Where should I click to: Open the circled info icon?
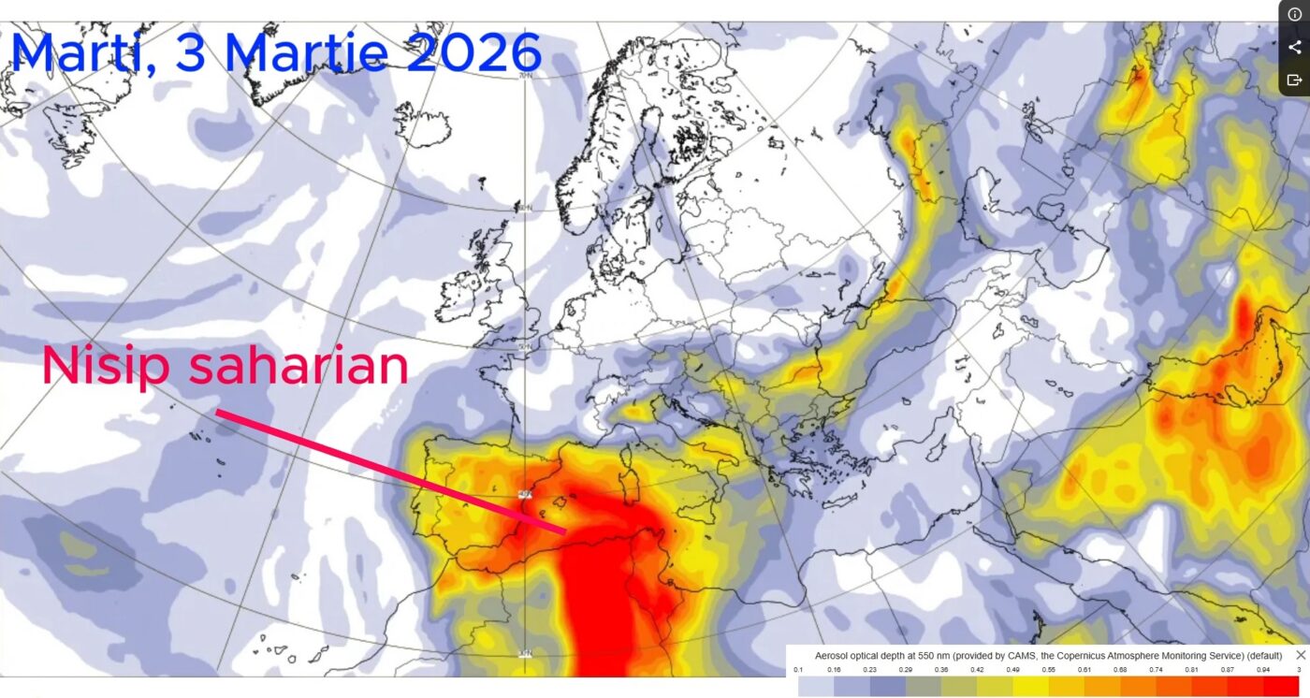(1294, 14)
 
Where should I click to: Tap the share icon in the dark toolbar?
(1294, 47)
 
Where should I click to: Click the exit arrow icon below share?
(1294, 80)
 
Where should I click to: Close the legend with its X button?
(1300, 655)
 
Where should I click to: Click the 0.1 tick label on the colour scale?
(798, 670)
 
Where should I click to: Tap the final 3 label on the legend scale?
(1299, 670)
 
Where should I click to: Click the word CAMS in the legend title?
(1012, 656)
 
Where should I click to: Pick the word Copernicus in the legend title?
(1075, 656)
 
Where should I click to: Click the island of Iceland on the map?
(422, 124)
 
